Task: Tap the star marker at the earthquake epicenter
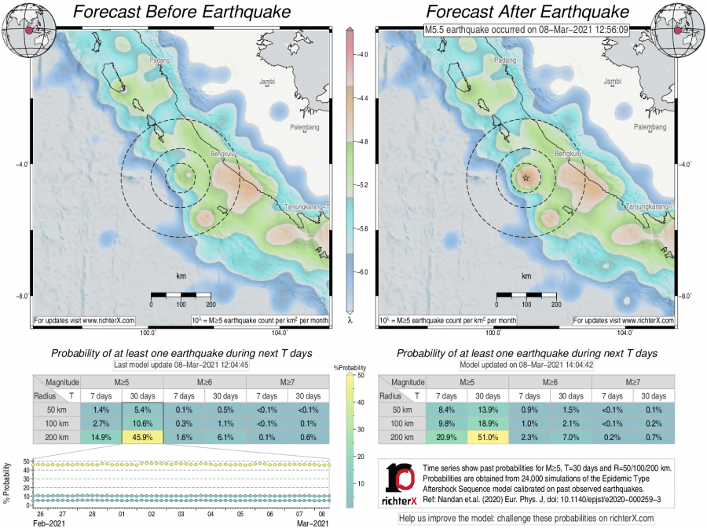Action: pos(526,178)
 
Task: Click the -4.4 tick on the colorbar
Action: pos(362,100)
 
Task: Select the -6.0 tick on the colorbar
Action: pos(362,271)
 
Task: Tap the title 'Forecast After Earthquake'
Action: pos(527,13)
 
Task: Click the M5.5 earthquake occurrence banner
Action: pos(526,29)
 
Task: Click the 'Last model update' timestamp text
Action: pos(181,365)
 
